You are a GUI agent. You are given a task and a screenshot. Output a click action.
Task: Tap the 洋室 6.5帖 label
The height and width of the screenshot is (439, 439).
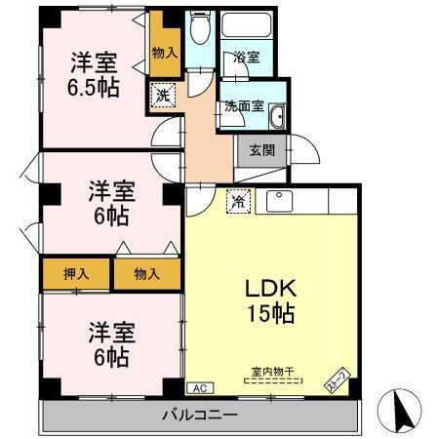pyautogui.click(x=95, y=75)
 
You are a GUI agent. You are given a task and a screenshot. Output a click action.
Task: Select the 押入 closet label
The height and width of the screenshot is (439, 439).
pyautogui.click(x=75, y=274)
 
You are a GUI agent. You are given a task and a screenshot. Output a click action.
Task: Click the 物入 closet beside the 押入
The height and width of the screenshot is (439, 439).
pyautogui.click(x=146, y=274)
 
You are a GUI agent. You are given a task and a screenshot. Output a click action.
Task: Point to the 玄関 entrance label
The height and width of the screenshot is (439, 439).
pyautogui.click(x=260, y=150)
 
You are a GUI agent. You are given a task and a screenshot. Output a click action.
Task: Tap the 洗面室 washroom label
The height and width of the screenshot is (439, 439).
pyautogui.click(x=245, y=105)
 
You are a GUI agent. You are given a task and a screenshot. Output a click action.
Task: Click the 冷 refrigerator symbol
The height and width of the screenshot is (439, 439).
pyautogui.click(x=237, y=202)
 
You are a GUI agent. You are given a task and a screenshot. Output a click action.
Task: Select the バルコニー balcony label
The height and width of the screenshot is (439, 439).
pyautogui.click(x=200, y=416)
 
